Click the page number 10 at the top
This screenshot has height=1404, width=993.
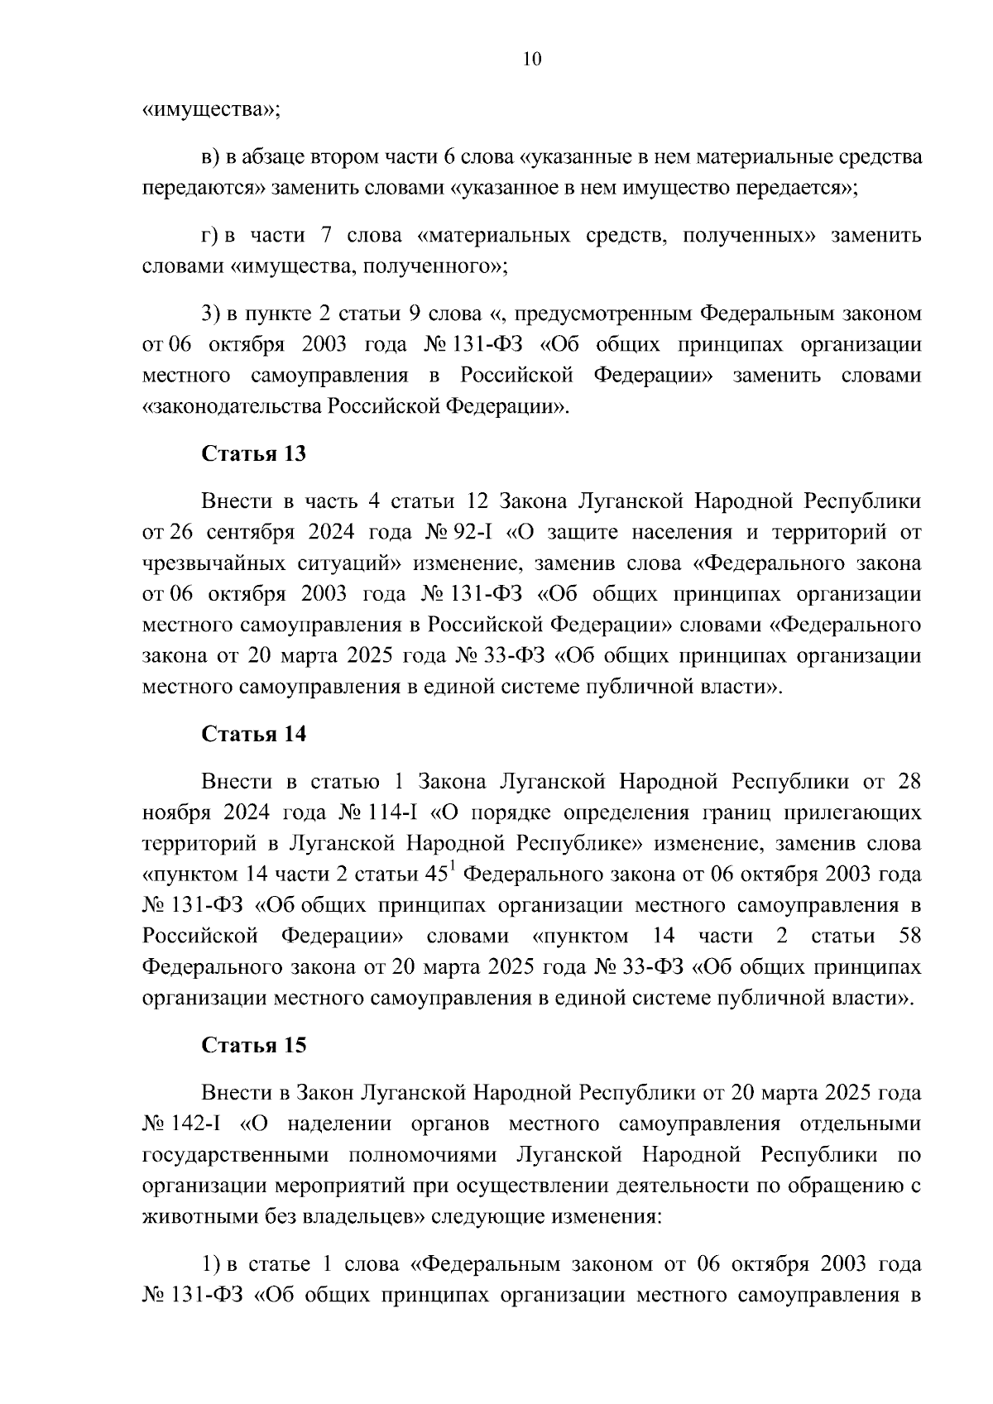pyautogui.click(x=532, y=60)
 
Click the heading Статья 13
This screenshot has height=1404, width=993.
pyautogui.click(x=254, y=454)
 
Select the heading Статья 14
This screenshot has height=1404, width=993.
pyautogui.click(x=254, y=734)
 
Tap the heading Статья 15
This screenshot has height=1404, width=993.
pyautogui.click(x=254, y=1045)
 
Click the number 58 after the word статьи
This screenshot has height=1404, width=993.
pyautogui.click(x=908, y=937)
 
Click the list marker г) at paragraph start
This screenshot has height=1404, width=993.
pyautogui.click(x=210, y=236)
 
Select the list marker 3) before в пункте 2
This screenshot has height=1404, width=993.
pyautogui.click(x=211, y=314)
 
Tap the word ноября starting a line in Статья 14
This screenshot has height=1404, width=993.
pyautogui.click(x=175, y=812)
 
